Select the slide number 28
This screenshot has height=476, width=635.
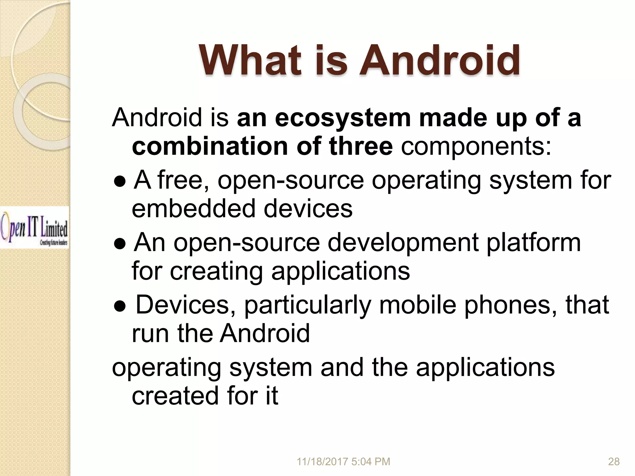click(x=614, y=462)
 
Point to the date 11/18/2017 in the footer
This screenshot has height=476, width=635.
click(x=322, y=462)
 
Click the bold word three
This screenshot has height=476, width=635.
click(x=361, y=146)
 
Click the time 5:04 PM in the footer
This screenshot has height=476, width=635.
click(x=371, y=462)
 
